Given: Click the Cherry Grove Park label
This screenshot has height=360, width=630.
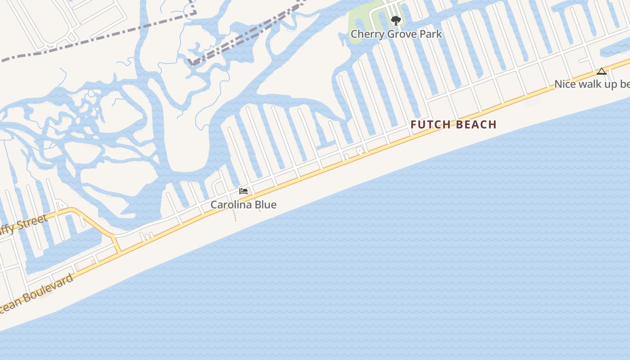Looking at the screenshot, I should tap(396, 34).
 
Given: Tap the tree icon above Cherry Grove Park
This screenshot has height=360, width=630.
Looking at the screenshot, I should tap(396, 21).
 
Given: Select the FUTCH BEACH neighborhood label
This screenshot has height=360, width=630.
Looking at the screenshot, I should tap(453, 125).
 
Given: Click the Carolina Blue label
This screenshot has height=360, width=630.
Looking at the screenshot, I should tap(243, 205).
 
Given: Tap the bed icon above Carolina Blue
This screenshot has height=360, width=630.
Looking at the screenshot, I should tap(243, 191).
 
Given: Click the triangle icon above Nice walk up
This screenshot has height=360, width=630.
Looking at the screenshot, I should tap(602, 71).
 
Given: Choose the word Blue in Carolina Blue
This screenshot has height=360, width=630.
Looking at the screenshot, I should tap(265, 205).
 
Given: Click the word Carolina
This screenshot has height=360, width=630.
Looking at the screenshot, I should tap(232, 205).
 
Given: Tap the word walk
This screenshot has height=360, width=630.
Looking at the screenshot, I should tap(590, 84).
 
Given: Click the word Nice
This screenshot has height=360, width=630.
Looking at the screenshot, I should tap(565, 84).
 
